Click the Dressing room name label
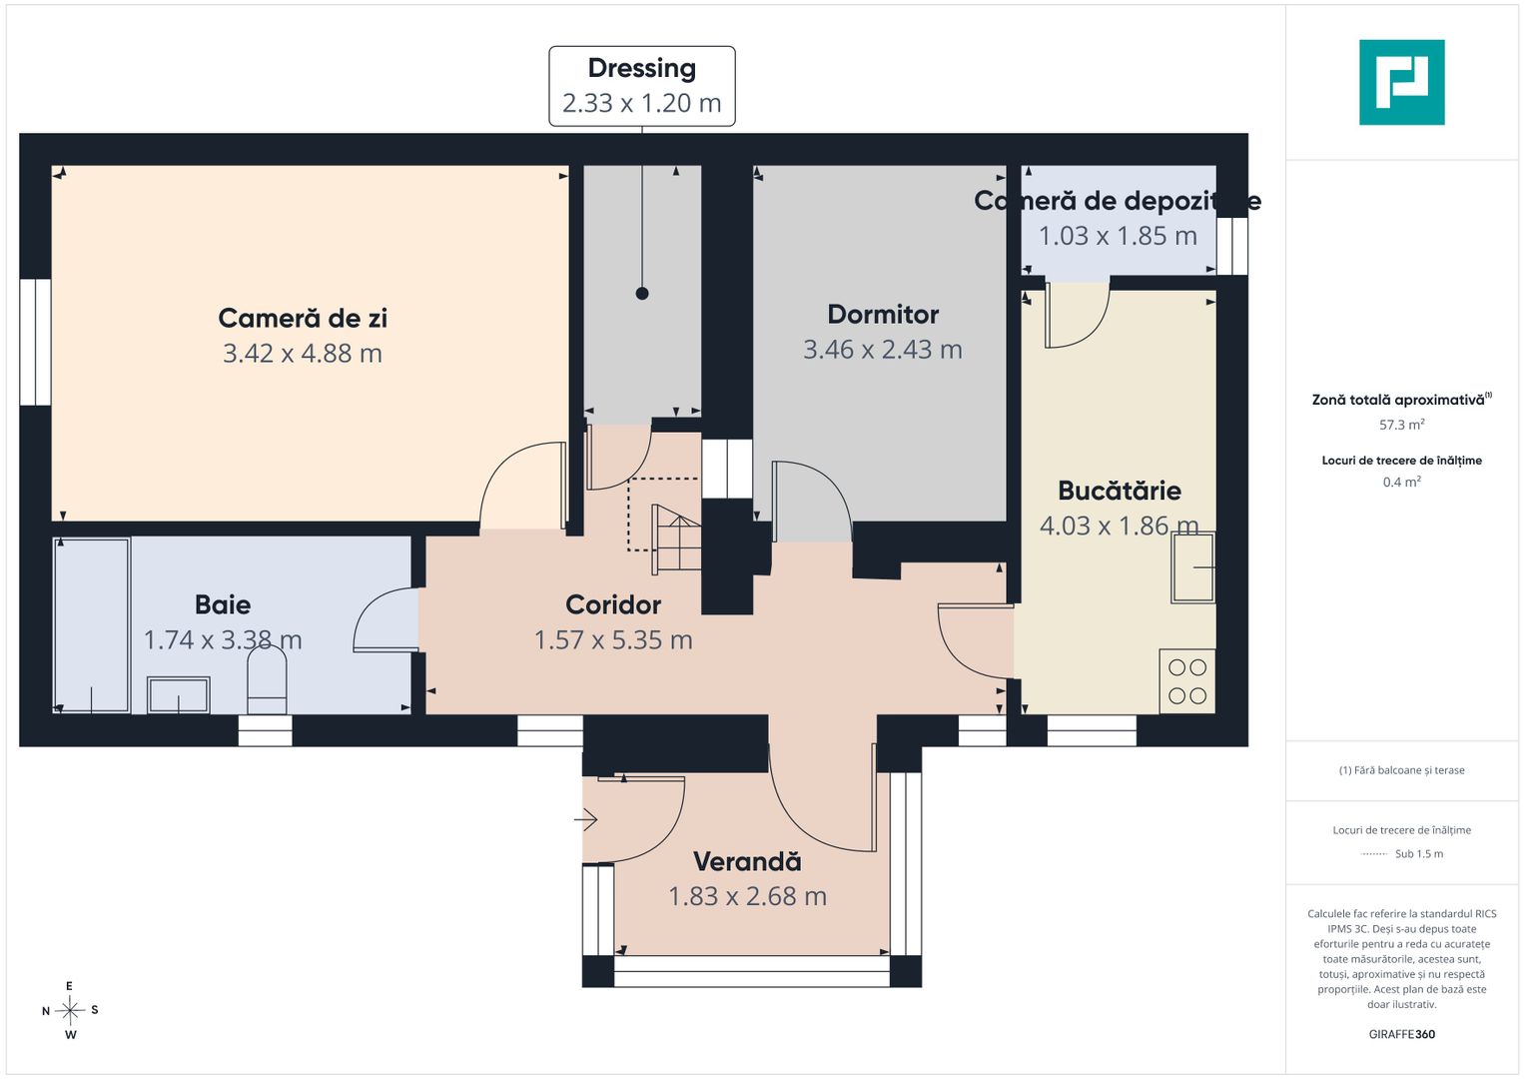point(642,68)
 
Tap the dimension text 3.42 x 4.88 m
point(303,353)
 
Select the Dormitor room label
point(883,314)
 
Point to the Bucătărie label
point(1120,491)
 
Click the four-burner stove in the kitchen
point(1187,680)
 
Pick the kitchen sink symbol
point(1193,567)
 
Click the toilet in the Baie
point(267,679)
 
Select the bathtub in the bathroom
point(92,625)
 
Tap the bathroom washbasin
point(179,694)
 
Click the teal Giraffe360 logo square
point(1402,82)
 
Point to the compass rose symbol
point(70,1010)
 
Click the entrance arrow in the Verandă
point(585,819)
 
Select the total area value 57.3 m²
point(1402,425)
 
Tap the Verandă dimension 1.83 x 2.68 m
point(747,896)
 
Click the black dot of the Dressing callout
point(642,294)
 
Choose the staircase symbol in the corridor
point(676,539)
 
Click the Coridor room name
point(613,604)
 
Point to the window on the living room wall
point(35,342)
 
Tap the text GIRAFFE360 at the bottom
point(1402,1034)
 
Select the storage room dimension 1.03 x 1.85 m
point(1118,236)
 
